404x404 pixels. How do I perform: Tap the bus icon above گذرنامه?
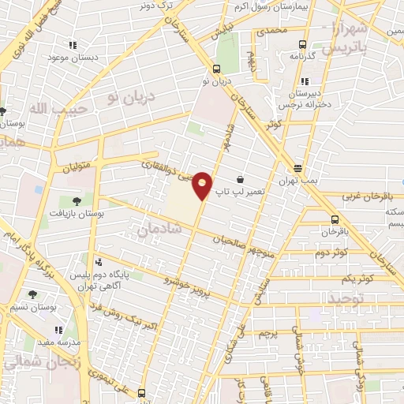[x=302, y=44]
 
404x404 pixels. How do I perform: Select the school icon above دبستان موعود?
[x=73, y=46]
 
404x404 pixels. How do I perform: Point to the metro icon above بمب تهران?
[x=298, y=168]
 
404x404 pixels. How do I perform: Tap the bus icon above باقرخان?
[x=335, y=220]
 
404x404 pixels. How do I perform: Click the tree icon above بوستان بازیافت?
[x=76, y=201]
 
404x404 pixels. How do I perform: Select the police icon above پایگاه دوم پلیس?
[x=98, y=263]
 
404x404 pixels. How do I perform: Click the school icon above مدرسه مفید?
[x=58, y=330]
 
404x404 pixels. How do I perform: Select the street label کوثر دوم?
[x=331, y=252]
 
